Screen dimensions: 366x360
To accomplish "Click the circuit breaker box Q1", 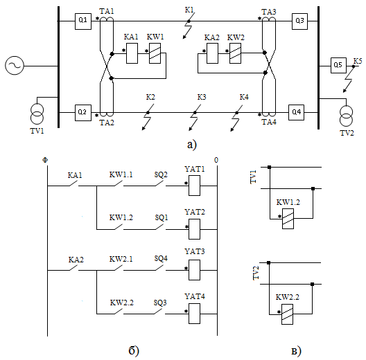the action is coord(83,21).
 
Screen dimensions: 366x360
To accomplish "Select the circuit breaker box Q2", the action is coord(83,113).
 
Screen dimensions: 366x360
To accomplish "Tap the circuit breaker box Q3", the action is coord(299,21).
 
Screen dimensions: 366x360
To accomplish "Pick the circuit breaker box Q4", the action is coord(296,112).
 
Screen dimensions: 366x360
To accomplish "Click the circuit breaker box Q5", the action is coord(338,65).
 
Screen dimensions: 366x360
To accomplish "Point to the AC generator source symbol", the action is coord(15,65).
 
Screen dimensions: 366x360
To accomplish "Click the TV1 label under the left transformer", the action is coord(37,131).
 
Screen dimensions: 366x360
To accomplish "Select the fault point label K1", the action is coord(189,10).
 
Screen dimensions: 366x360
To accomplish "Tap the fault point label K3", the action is coord(202,97).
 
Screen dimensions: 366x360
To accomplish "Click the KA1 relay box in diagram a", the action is coord(132,53).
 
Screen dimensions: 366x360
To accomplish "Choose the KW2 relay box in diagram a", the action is coord(235,53).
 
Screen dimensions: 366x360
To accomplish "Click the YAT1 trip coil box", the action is coord(194,186).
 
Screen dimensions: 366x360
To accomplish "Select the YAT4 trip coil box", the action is coord(194,314).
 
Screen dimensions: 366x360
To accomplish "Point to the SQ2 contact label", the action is coord(161,174).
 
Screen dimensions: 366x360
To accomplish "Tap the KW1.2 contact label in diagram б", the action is coord(121,217).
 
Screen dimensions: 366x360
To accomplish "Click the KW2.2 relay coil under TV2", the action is coord(287,314).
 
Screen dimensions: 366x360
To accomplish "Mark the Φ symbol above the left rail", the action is coord(45,160).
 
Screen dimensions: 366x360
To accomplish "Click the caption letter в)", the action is coord(297,351).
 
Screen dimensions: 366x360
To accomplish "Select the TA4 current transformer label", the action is coord(269,122).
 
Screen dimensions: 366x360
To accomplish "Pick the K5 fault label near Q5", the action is coord(358,61).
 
